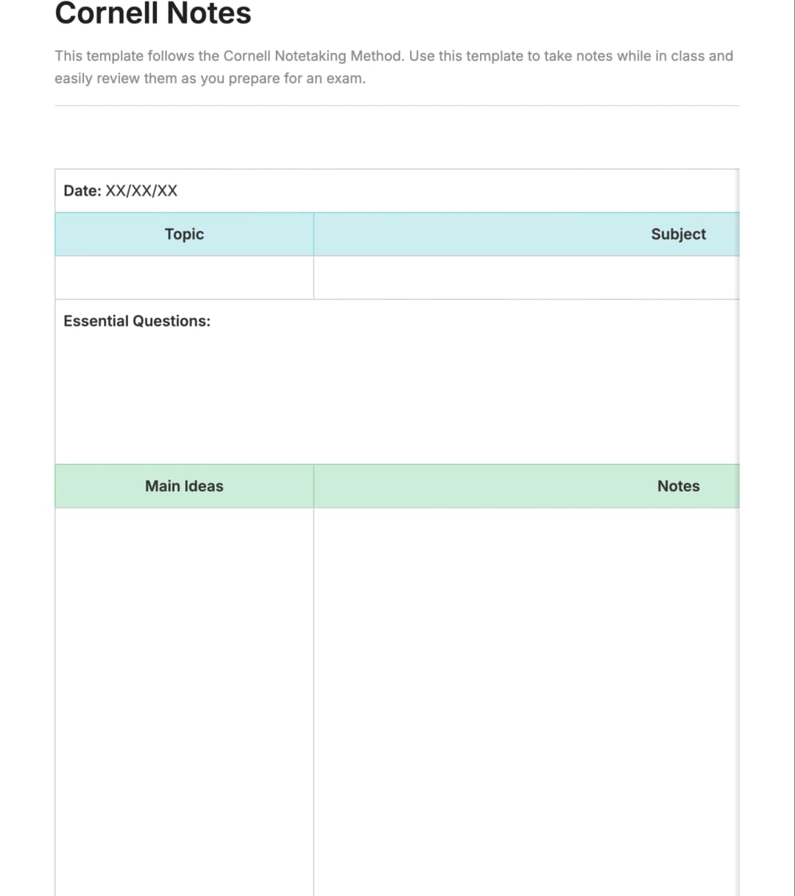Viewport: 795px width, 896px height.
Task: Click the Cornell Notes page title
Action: tap(153, 13)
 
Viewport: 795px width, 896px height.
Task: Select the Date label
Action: tap(82, 191)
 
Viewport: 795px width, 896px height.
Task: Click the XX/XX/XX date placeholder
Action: tap(142, 191)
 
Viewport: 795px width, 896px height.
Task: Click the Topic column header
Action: tap(184, 234)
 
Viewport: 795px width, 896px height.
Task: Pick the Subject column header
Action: tap(678, 234)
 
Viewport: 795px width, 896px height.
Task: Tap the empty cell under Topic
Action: tap(184, 277)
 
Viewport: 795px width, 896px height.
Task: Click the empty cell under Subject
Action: tap(526, 277)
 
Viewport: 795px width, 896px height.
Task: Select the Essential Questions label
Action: tap(137, 321)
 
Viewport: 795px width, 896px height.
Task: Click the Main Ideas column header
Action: tap(184, 486)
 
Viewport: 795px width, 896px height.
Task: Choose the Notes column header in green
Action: tap(678, 486)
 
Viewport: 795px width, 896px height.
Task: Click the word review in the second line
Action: tap(117, 79)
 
